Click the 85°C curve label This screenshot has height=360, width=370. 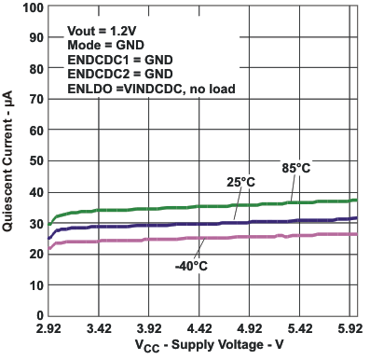[x=295, y=168]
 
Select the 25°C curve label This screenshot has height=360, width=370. [x=240, y=182]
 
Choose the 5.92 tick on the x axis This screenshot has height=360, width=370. [x=349, y=329]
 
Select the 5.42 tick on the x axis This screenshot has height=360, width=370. [x=299, y=329]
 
